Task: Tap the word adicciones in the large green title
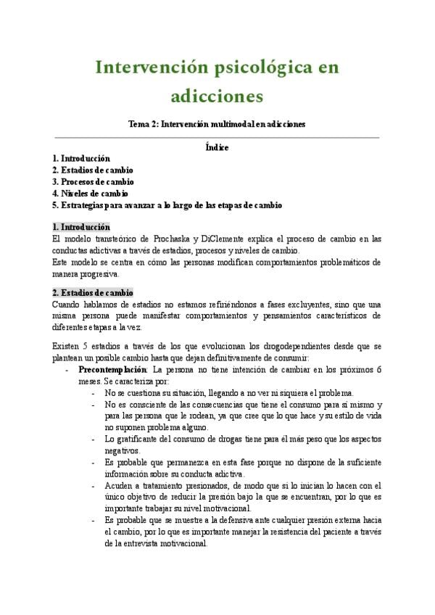click(217, 95)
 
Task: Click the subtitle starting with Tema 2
click(217, 124)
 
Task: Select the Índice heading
click(217, 147)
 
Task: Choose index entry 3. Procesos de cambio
click(93, 181)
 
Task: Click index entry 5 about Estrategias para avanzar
click(167, 205)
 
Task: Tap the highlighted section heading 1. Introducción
click(81, 227)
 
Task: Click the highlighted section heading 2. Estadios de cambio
click(92, 293)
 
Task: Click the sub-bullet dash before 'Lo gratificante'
click(96, 439)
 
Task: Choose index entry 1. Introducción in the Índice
click(81, 158)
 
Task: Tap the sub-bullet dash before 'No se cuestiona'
click(96, 393)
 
